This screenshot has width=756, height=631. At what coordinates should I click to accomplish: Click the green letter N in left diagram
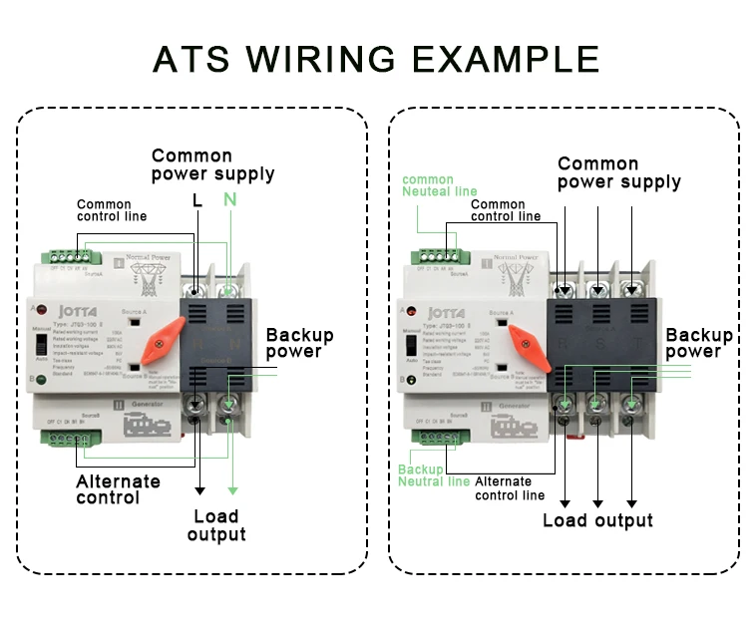[230, 200]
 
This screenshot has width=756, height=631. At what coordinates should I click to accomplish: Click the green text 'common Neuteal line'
[440, 185]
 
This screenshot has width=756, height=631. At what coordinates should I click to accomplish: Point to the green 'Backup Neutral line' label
[434, 475]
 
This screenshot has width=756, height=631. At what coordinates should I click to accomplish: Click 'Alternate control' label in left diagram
[118, 489]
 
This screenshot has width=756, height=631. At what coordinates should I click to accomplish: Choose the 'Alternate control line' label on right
[510, 487]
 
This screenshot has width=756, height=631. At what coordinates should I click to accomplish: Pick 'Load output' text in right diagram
[597, 520]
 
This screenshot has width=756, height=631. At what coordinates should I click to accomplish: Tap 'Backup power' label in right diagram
[699, 343]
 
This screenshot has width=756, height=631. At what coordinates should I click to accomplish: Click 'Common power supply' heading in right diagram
[618, 172]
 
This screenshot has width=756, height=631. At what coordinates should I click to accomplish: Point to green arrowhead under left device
[232, 489]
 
